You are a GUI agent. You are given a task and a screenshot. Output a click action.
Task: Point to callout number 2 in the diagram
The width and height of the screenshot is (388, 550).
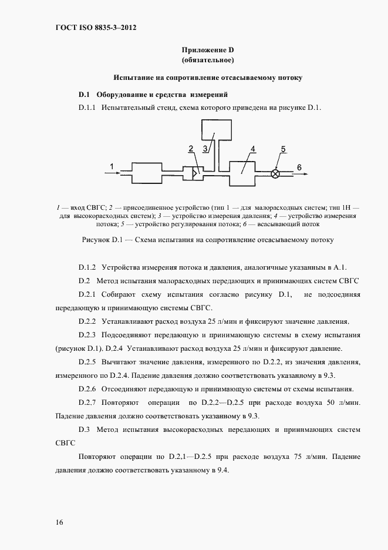[x=191, y=147]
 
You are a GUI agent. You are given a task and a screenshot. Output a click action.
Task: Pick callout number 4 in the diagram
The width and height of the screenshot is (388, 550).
[x=252, y=149]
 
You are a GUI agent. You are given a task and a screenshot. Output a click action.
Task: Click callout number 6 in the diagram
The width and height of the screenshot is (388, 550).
[x=299, y=167]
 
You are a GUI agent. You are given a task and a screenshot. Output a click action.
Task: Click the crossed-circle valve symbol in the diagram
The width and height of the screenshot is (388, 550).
[x=275, y=173]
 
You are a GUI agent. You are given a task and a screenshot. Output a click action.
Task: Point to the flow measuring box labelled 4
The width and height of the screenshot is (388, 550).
[x=242, y=173]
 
